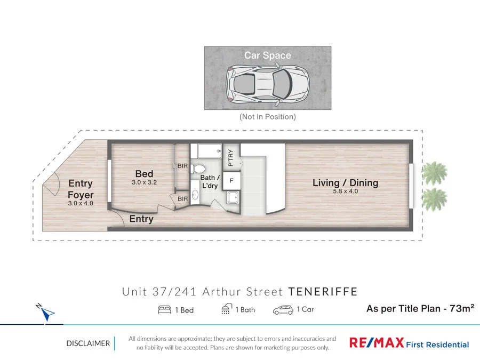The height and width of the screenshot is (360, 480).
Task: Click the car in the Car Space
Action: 267,83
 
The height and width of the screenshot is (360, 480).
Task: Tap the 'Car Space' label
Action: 267,55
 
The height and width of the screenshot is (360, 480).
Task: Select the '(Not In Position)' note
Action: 267,117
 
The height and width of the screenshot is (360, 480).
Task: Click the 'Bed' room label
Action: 144,174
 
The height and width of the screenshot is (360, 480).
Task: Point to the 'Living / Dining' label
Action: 345,183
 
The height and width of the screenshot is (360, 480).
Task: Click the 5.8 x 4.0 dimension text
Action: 345,191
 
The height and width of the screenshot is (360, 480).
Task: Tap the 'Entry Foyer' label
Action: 81,189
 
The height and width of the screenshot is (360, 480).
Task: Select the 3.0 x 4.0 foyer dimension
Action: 81,203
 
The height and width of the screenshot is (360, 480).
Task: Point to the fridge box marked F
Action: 231,181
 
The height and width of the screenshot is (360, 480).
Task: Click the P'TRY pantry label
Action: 231,158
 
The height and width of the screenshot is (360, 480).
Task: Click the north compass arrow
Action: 47,313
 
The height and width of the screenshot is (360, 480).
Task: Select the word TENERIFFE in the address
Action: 323,292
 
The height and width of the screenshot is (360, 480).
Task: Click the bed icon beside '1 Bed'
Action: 164,310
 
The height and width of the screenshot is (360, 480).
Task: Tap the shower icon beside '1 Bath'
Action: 227,309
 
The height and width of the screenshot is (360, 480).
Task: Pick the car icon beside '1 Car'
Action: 283,310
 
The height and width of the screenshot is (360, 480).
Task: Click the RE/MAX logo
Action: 375,343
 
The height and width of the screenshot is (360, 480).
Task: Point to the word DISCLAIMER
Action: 88,343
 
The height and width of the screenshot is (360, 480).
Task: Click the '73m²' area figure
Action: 460,308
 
